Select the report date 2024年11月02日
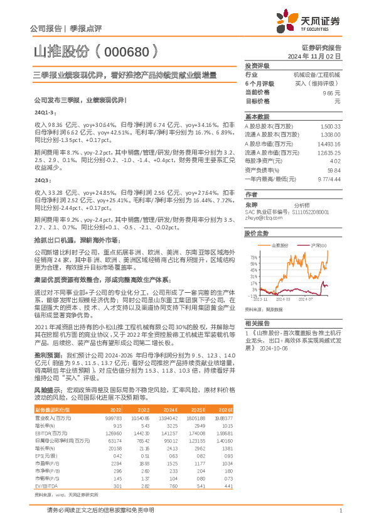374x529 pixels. pyautogui.click(x=321, y=56)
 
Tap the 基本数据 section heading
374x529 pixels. pyautogui.click(x=257, y=117)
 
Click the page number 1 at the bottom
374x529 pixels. pyautogui.click(x=339, y=510)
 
